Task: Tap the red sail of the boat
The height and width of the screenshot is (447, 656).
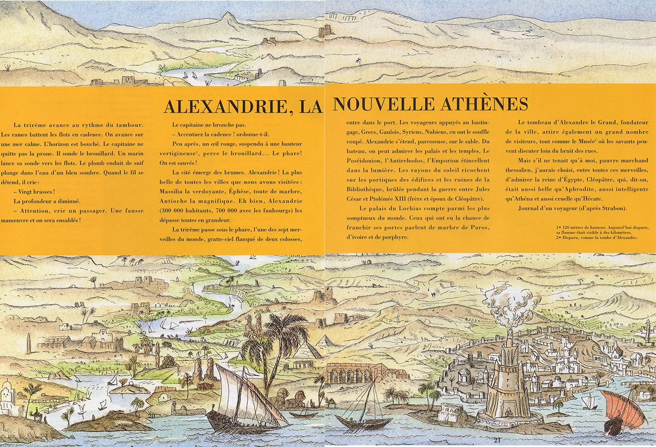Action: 624,410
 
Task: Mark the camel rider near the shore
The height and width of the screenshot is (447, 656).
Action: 38,415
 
